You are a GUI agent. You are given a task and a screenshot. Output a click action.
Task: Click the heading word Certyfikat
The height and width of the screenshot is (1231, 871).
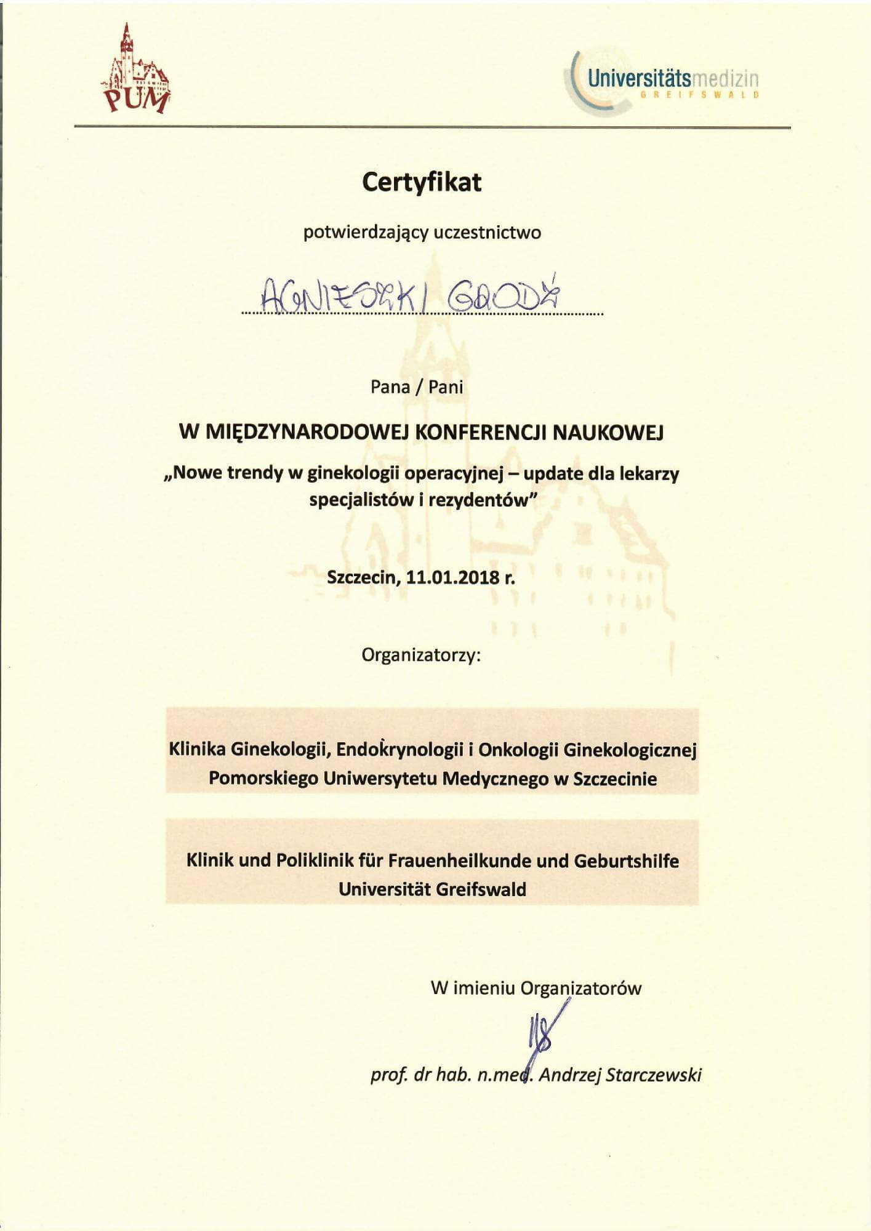[422, 182]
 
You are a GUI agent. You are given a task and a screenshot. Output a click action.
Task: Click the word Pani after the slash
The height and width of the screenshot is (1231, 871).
[446, 387]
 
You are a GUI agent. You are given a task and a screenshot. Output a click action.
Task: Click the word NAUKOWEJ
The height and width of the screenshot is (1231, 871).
[609, 433]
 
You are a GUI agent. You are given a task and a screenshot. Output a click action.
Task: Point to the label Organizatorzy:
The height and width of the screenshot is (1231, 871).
[421, 655]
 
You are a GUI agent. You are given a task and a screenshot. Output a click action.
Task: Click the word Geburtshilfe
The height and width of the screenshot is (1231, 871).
[626, 860]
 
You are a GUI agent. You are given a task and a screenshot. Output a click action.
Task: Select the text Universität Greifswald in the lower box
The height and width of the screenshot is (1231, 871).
[432, 889]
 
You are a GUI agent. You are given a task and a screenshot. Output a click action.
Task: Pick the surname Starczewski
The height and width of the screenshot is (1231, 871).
[654, 1075]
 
